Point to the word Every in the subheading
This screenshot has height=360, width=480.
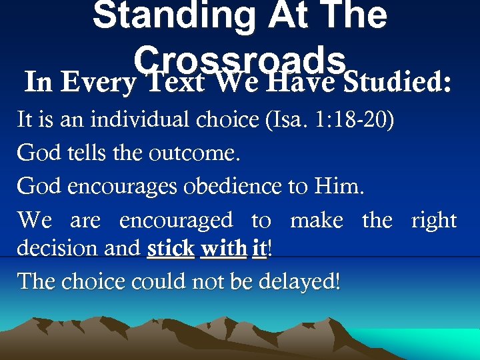pyautogui.click(x=99, y=83)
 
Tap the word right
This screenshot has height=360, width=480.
pyautogui.click(x=434, y=220)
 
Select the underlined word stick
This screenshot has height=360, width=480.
pyautogui.click(x=171, y=248)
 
